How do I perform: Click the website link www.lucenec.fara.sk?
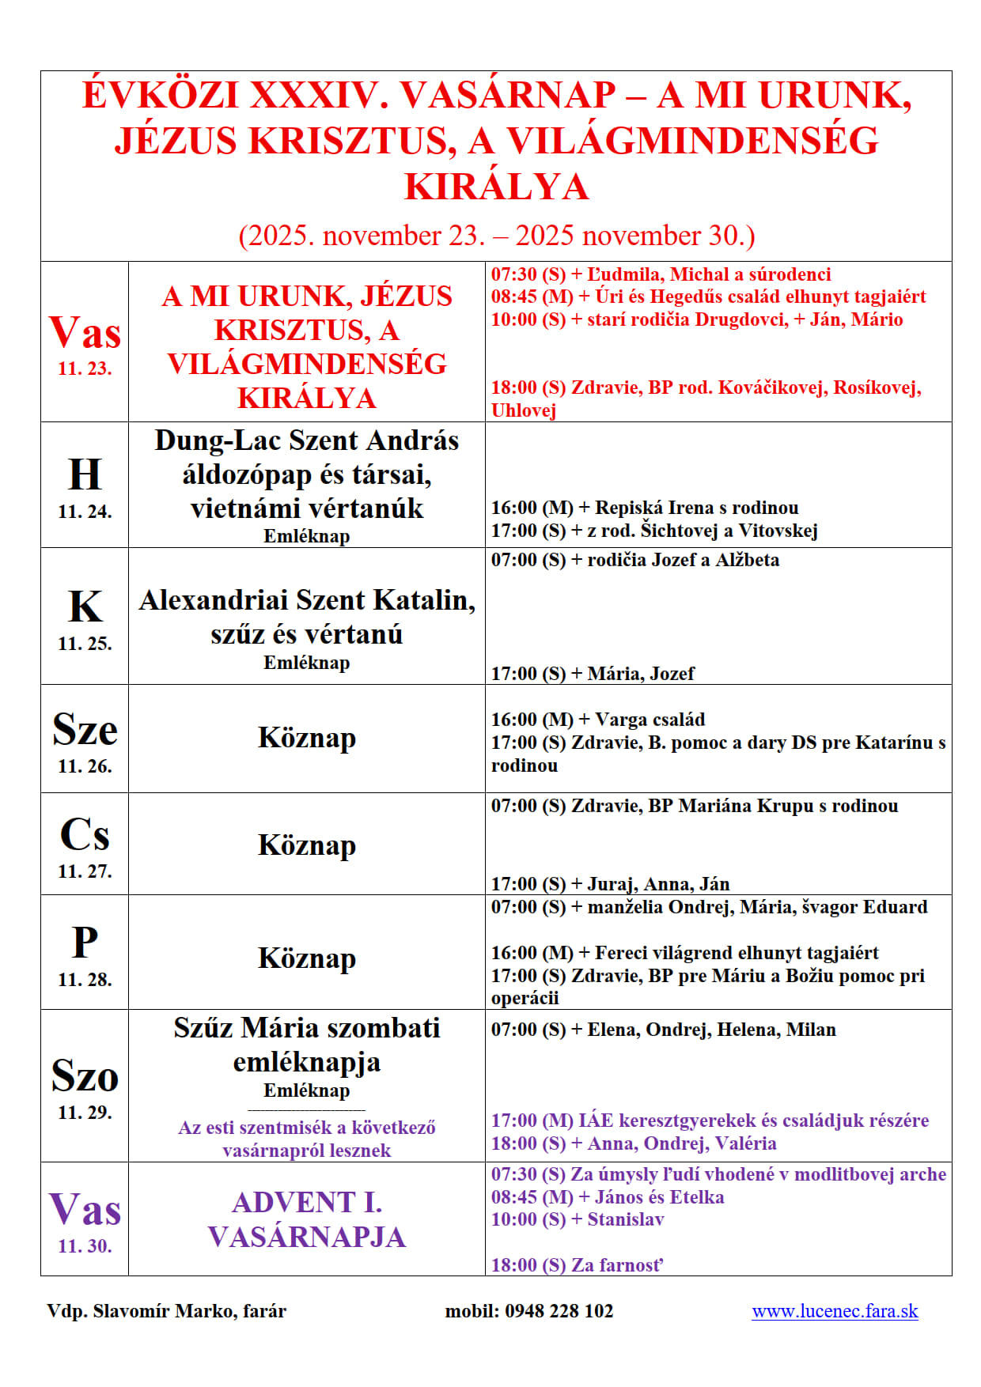835,1311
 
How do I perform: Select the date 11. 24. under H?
85,512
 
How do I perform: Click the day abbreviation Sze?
85,730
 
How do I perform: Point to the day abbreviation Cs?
85,835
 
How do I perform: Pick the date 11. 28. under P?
85,980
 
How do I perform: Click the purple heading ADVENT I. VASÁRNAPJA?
307,1219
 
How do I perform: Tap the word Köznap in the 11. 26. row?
307,738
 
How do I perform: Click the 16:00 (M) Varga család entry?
597,720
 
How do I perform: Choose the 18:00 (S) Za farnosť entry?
577,1265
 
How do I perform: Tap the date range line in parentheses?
497,236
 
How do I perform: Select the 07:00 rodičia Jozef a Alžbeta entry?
634,560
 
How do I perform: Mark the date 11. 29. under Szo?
85,1113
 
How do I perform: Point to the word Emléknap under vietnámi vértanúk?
307,536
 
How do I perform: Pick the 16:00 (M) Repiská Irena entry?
644,508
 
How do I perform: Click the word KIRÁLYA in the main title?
497,187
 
